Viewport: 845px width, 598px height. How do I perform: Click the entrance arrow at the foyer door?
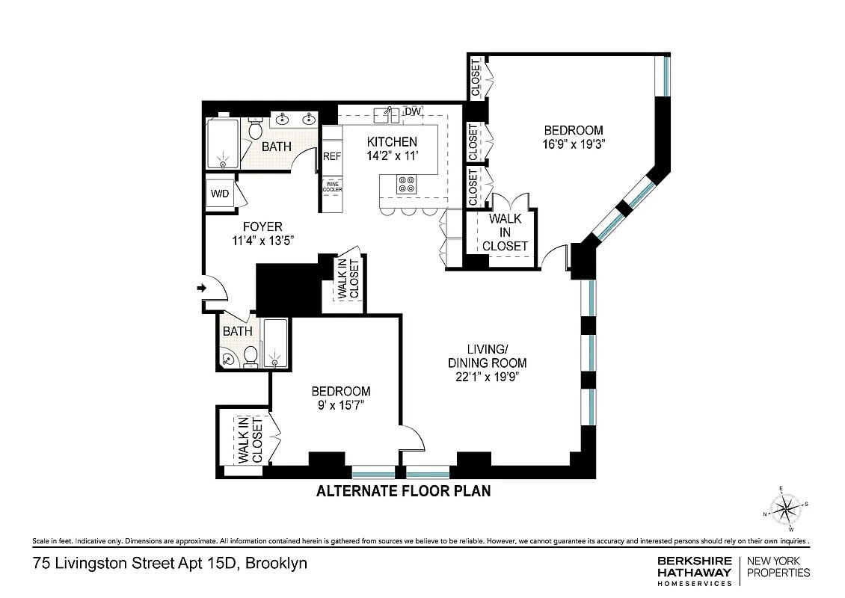point(202,287)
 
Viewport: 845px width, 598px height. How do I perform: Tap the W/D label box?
point(219,194)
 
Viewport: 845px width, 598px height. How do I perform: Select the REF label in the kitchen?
point(331,157)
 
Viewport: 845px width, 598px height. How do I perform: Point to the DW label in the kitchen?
point(412,111)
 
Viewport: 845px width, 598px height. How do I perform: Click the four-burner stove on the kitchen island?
point(407,184)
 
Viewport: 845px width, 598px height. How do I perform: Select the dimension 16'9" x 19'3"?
point(574,144)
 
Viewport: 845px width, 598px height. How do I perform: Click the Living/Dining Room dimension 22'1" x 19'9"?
point(487,377)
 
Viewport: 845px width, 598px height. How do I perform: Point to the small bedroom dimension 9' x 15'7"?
point(340,405)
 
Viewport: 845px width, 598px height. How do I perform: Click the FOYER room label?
point(262,226)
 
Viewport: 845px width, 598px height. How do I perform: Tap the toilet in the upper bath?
point(254,131)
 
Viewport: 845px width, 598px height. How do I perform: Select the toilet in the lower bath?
point(251,357)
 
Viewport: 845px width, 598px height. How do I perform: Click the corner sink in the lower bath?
point(227,360)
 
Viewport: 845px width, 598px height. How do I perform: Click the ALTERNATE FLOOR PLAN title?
point(403,491)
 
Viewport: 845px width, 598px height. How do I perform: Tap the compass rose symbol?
point(784,511)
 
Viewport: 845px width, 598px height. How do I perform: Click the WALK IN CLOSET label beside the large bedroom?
point(505,232)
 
